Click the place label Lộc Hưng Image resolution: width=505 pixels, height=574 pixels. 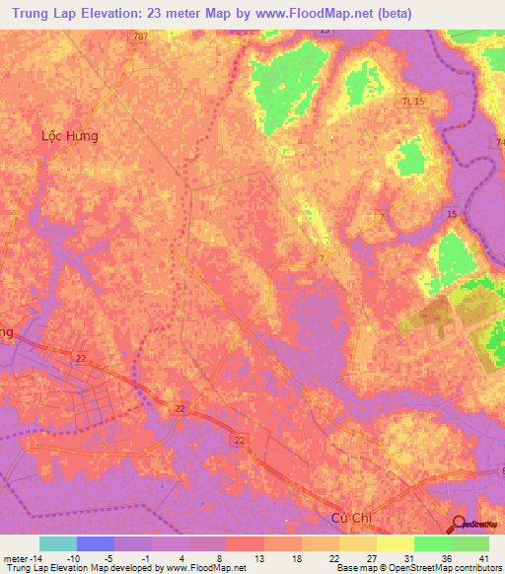(70, 136)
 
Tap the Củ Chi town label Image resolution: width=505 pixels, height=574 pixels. (349, 520)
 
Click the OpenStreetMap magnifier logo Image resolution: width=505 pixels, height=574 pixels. (460, 526)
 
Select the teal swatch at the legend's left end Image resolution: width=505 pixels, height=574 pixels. (58, 543)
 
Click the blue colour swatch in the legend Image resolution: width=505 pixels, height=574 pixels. (96, 543)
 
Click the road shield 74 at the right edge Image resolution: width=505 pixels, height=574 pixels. (499, 143)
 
